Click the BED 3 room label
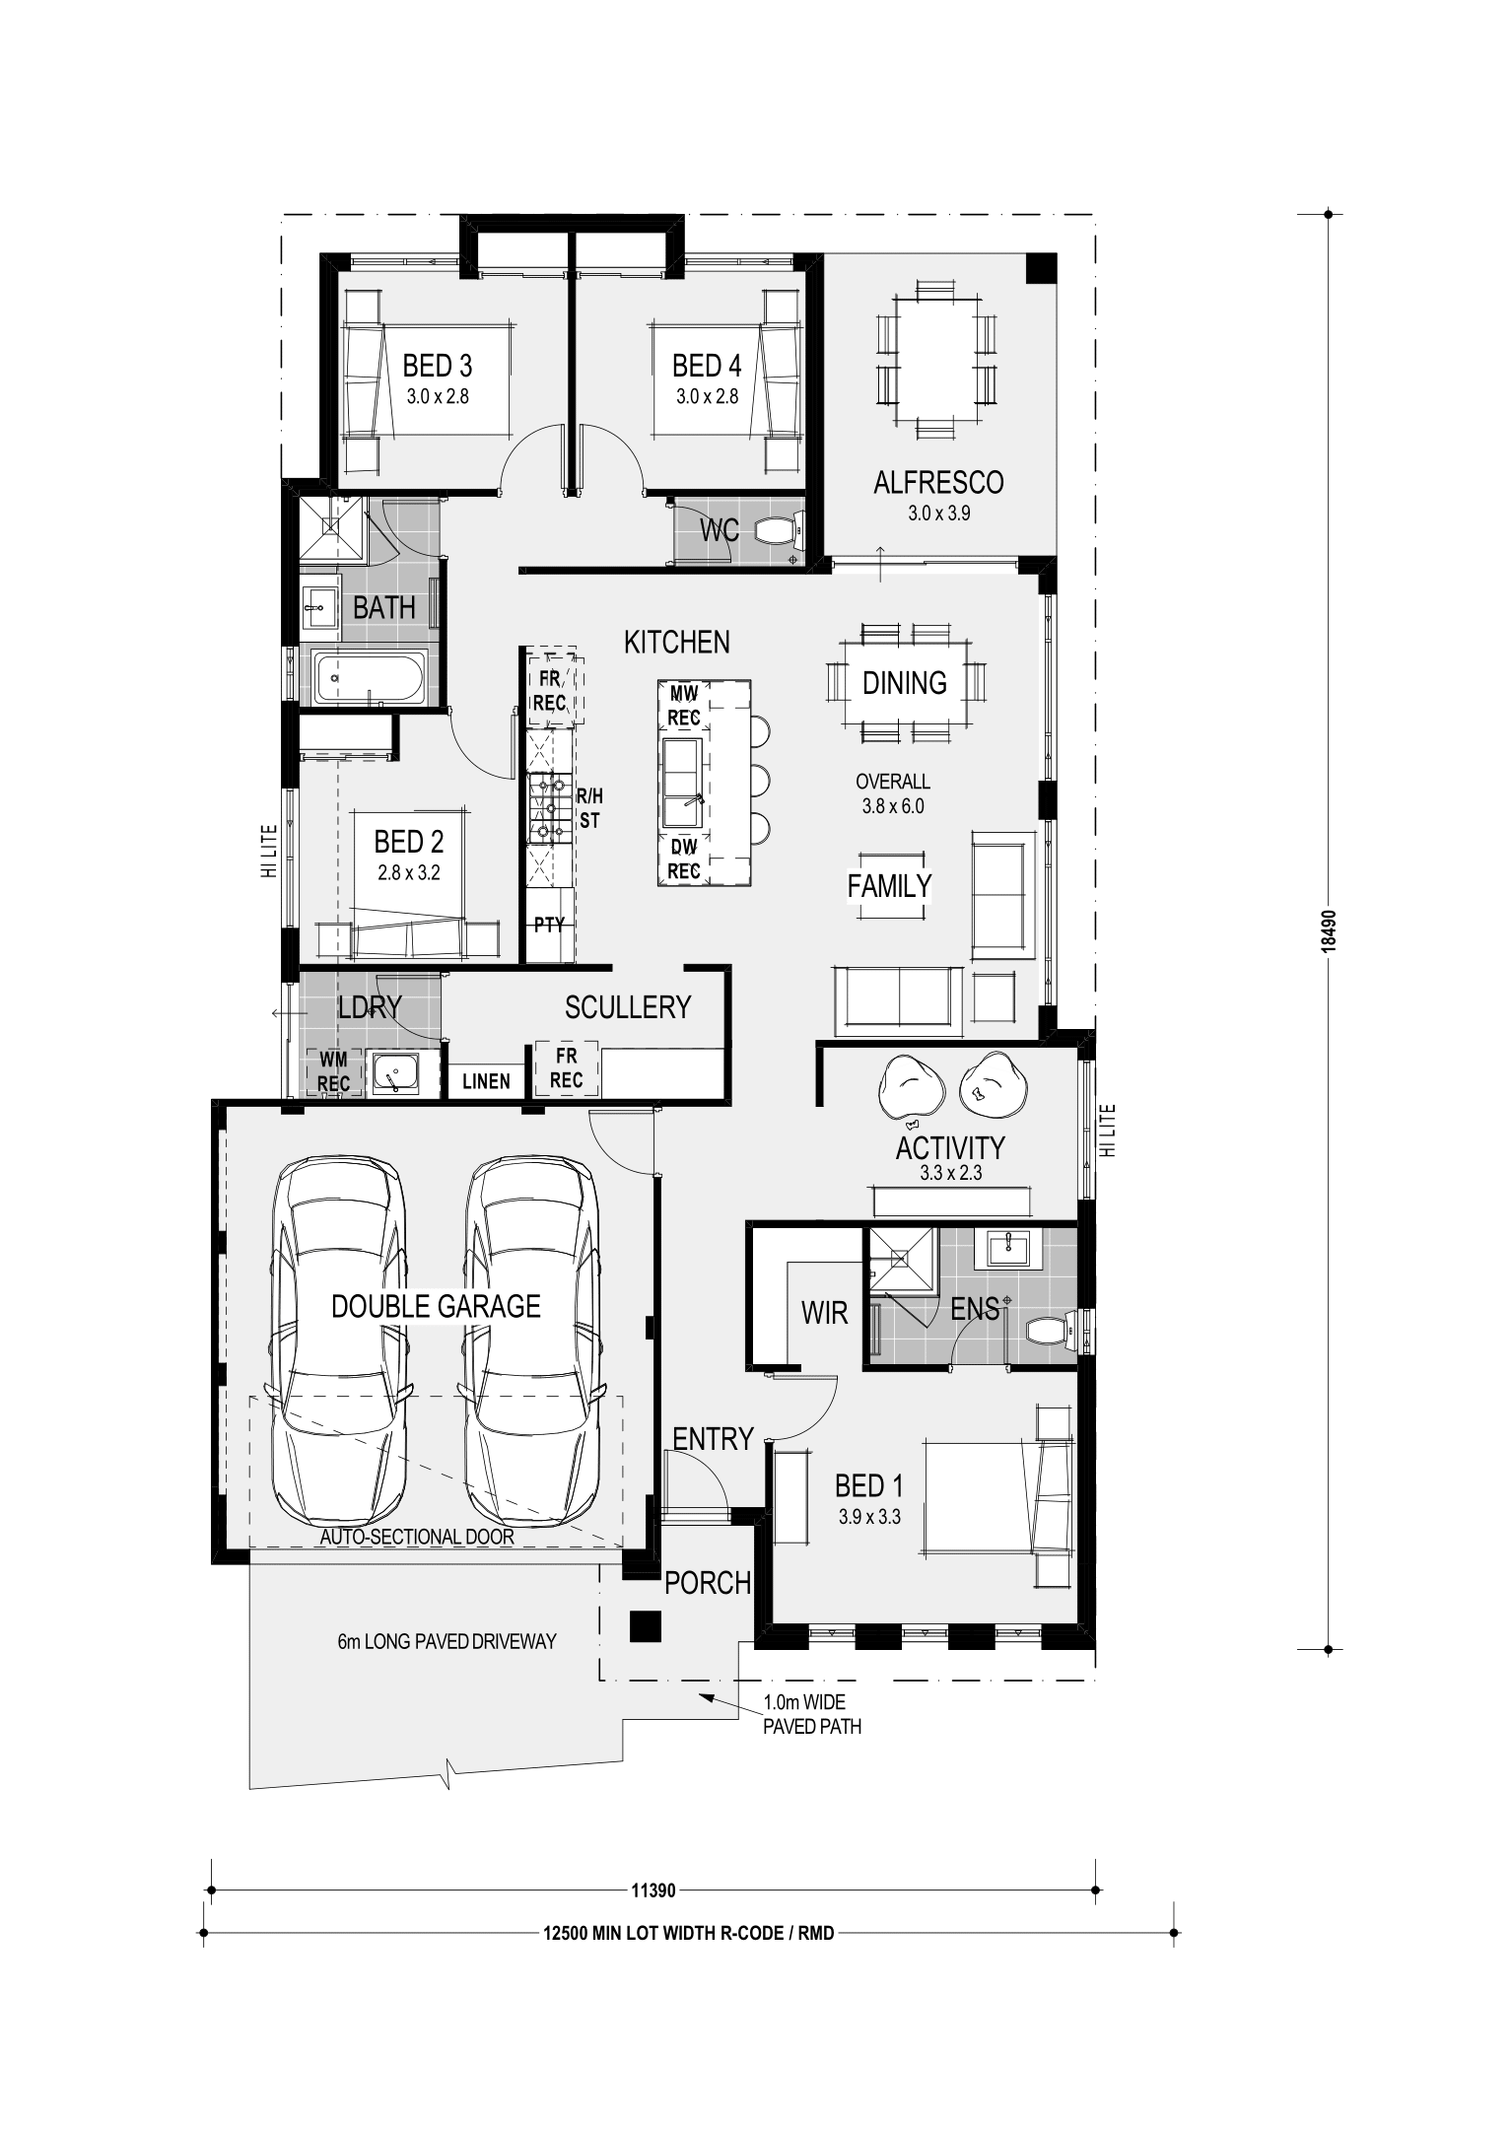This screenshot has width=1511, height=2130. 437,366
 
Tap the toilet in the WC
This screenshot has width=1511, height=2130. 779,533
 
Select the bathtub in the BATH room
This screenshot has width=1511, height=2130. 370,677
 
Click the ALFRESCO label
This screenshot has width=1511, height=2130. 938,482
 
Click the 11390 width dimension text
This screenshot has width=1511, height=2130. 653,1890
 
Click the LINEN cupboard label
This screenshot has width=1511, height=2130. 486,1081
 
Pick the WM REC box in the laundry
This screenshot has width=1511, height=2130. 333,1072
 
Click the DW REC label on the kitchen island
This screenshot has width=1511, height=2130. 684,859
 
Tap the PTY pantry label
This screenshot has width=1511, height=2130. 549,925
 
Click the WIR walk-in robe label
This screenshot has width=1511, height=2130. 825,1313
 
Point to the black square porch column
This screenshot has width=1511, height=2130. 645,1625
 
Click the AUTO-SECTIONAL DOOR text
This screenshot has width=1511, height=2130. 417,1537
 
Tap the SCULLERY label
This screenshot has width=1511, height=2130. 628,1007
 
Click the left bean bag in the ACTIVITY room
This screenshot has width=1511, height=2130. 911,1088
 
